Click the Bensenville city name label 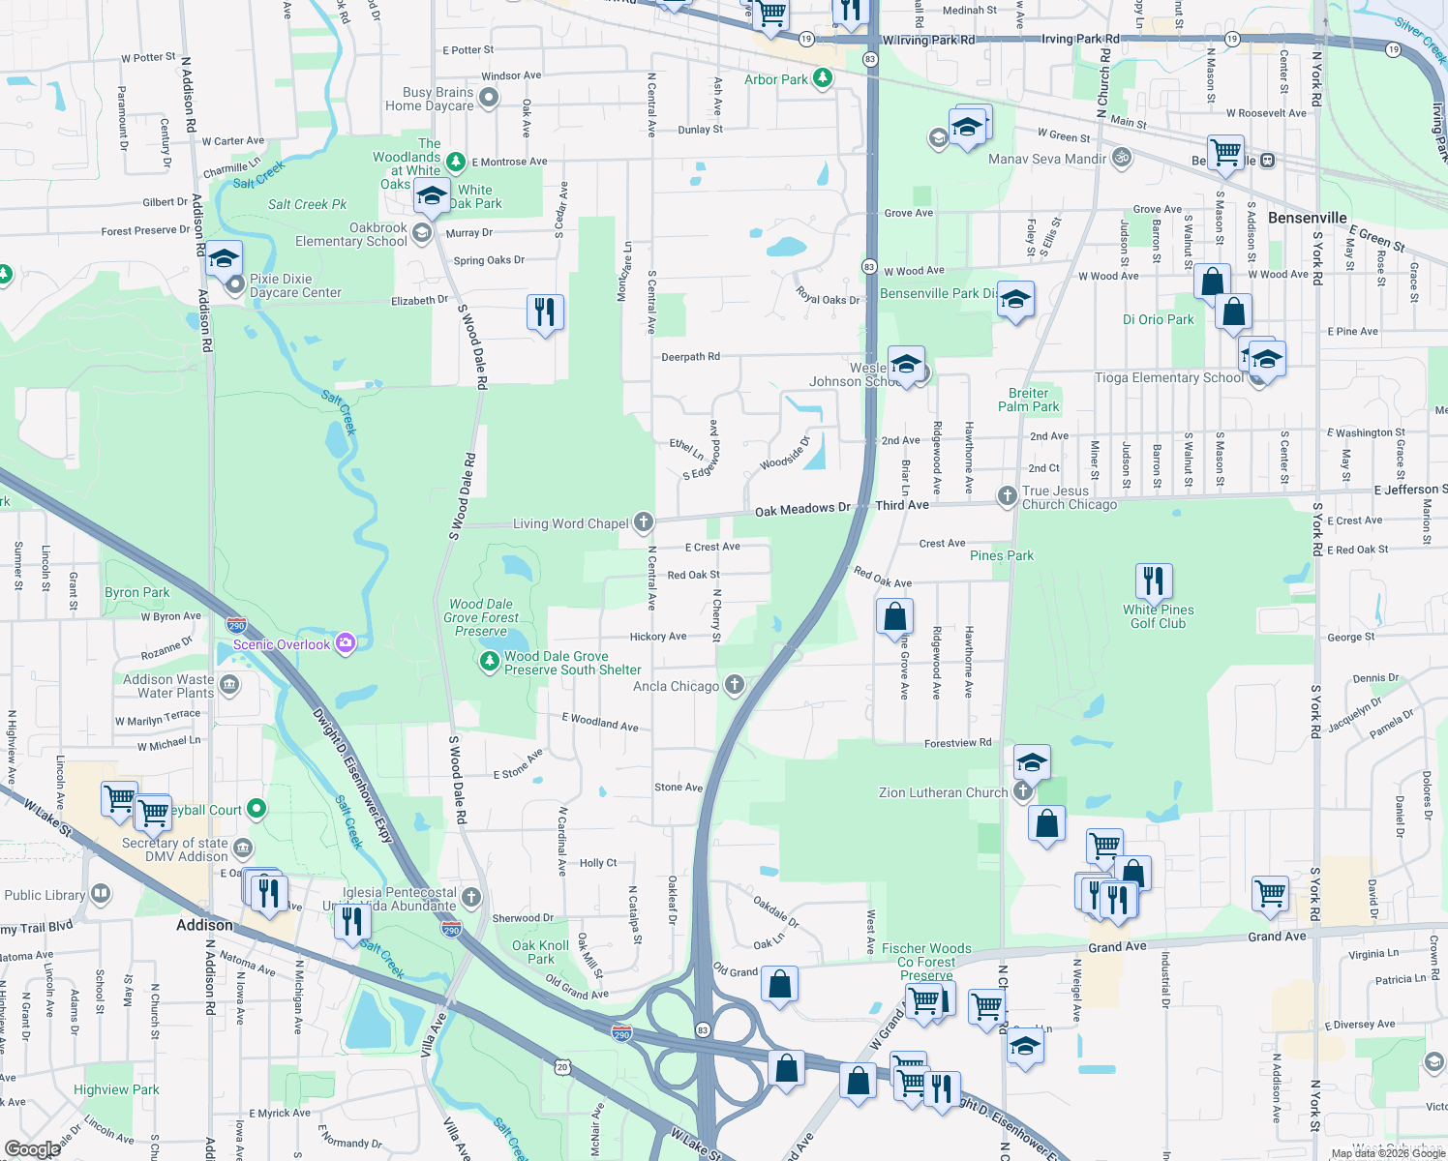point(1307,218)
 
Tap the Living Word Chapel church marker point(644,522)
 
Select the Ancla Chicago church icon point(735,686)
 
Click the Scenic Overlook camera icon point(346,644)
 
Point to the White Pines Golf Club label point(1158,616)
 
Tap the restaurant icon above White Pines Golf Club point(1153,581)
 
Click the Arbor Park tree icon point(823,78)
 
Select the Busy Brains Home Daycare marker point(489,97)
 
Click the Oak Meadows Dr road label point(802,509)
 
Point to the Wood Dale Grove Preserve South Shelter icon point(490,661)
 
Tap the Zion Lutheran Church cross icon point(1023,792)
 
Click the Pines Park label point(1002,555)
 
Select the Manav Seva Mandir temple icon point(1121,157)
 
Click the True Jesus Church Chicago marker point(1008,496)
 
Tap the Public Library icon point(100,894)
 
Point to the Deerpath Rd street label point(690,357)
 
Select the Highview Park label point(116,1089)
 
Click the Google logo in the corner point(32,1148)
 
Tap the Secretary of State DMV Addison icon point(243,848)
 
